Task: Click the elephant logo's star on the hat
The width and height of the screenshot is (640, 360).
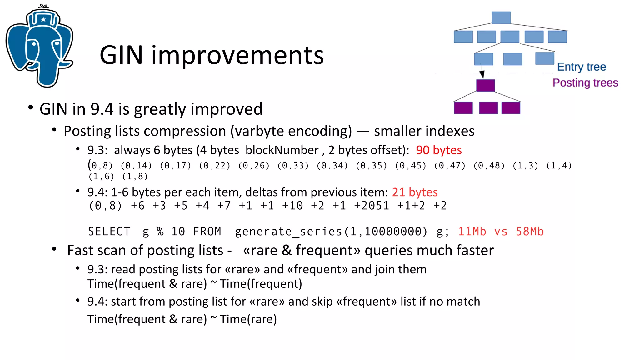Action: [x=43, y=20]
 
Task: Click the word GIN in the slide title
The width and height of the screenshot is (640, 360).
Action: [x=121, y=55]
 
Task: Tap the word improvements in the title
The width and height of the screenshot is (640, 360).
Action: [x=237, y=55]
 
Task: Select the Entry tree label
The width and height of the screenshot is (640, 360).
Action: [x=581, y=67]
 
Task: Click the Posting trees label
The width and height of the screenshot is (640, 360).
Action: [x=585, y=83]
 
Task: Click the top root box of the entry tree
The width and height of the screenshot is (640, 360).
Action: [x=501, y=17]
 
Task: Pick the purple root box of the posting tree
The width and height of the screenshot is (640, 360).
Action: [x=485, y=85]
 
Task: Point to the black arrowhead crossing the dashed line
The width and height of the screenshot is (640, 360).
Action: [x=482, y=74]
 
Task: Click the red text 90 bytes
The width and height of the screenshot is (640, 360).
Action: [x=439, y=150]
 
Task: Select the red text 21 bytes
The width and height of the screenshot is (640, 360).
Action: [x=415, y=192]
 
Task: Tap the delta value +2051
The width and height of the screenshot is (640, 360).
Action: [x=372, y=206]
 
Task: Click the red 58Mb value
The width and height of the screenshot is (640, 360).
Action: [x=530, y=232]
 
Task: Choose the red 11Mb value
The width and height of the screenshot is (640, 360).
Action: [x=472, y=232]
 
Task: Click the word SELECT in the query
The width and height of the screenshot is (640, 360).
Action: [x=109, y=232]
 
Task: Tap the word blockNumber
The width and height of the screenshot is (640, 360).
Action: [x=282, y=150]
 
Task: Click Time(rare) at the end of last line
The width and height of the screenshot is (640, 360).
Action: [x=248, y=319]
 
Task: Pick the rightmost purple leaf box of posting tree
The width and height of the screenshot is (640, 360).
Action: [x=511, y=108]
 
